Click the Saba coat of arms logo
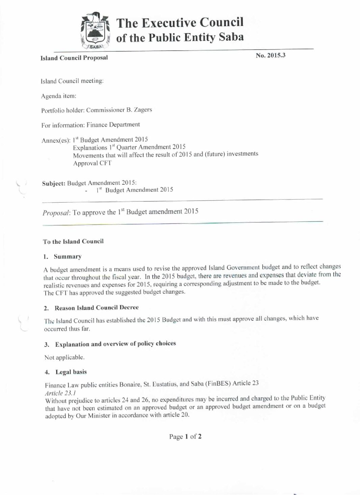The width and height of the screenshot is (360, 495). pos(96,31)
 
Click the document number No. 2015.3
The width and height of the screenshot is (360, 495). pos(270,55)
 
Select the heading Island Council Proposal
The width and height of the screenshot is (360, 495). pos(74,58)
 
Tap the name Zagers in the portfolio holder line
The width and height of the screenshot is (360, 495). pos(144,110)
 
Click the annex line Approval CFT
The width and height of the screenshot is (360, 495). pos(92,163)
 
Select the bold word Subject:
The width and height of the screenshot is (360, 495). pos(53,183)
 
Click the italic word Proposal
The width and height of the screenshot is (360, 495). pos(56,213)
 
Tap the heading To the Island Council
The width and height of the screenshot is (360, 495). pos(73,241)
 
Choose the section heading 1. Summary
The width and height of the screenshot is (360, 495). pos(63,257)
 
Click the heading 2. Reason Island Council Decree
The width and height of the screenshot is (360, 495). pos(92,308)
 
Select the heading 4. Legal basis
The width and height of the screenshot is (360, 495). pos(66,372)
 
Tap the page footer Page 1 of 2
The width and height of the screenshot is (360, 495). pos(185,437)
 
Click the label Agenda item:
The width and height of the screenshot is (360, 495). pos(58,96)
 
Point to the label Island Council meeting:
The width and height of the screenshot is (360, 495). pos(72,81)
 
